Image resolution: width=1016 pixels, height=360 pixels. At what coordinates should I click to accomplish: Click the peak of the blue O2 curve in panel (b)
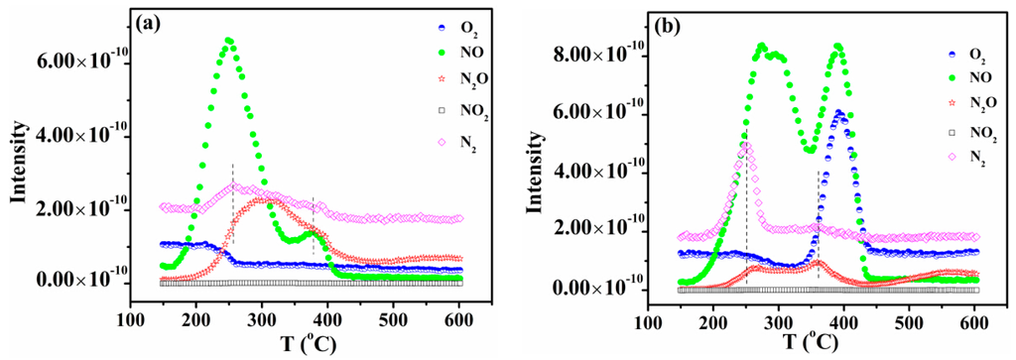[839, 113]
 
